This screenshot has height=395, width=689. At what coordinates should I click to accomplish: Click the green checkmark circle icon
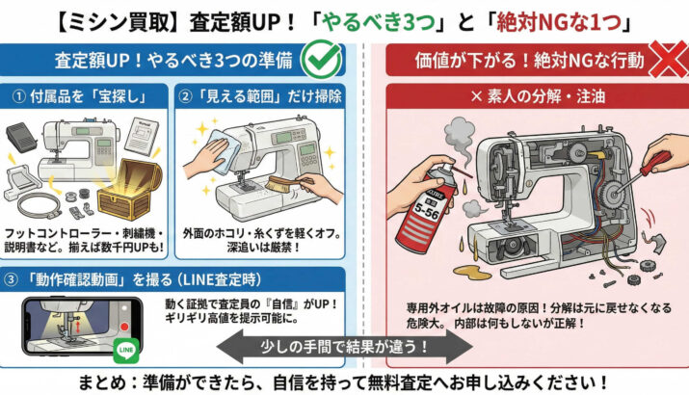pos(322,60)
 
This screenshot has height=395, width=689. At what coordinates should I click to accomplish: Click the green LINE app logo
pos(126,350)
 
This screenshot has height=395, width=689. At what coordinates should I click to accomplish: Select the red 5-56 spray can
pos(422,206)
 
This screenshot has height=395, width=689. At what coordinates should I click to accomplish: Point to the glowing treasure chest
pos(127,189)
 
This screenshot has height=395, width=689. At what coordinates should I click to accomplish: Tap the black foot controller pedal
pos(22,137)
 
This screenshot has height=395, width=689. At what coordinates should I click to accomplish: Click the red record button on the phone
pos(125,327)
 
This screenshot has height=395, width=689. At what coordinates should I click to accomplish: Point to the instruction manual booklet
pos(142,135)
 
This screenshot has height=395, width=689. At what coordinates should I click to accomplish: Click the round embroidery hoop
pos(39,206)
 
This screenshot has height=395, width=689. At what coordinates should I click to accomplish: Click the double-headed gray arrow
pos(345,347)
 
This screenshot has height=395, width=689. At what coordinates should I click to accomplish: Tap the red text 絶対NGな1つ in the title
pos(558,22)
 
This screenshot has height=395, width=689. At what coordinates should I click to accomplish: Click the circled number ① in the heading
pos(18,96)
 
